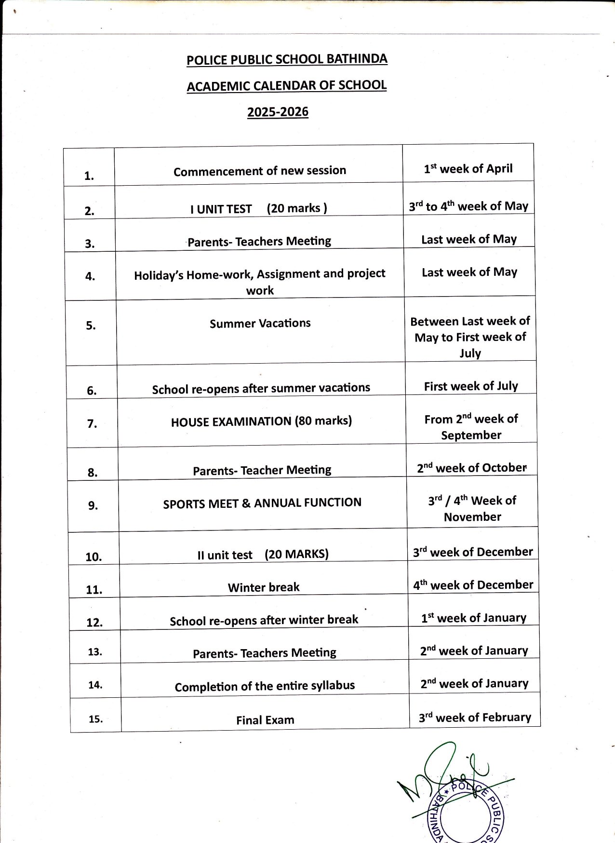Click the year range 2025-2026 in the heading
(278, 112)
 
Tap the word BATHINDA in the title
(357, 59)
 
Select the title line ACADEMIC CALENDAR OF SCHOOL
(286, 86)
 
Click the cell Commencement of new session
(260, 171)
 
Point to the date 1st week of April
(468, 169)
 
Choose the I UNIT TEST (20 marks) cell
(259, 208)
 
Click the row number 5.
(91, 326)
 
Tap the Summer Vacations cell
(260, 323)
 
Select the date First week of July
(471, 386)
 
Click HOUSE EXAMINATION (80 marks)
(261, 421)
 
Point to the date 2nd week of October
(472, 468)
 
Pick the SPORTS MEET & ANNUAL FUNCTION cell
(262, 503)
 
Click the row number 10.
(94, 557)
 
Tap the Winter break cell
(264, 587)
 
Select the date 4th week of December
(473, 585)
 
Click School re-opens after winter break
(264, 620)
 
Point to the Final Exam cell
(265, 720)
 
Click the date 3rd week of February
(475, 718)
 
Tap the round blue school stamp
(465, 810)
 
